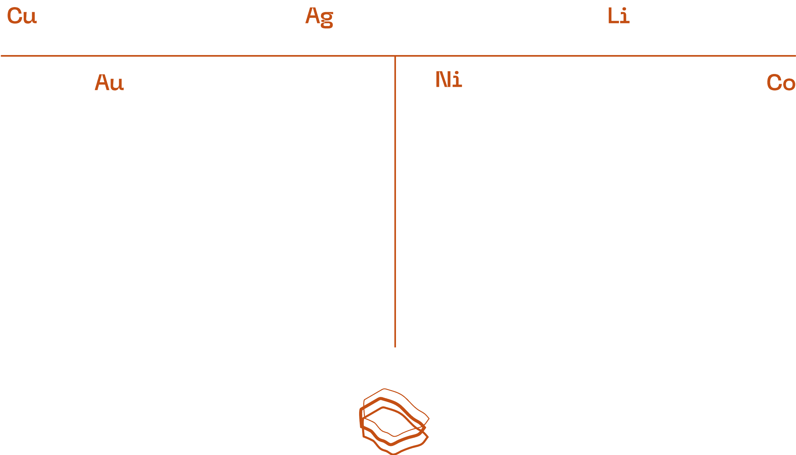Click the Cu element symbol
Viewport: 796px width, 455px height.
(22, 16)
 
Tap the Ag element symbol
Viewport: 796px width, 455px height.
(319, 17)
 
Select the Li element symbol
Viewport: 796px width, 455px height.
(618, 16)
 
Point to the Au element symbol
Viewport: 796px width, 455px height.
(109, 83)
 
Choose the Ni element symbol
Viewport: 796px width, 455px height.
(448, 80)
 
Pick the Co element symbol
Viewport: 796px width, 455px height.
(781, 83)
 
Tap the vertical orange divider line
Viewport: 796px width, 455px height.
(395, 203)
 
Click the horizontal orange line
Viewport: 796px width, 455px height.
(203, 56)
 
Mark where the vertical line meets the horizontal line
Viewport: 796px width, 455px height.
(395, 56)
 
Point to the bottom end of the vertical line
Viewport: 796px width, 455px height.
(395, 347)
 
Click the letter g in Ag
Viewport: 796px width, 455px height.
(327, 20)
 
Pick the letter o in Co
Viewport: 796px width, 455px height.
(789, 84)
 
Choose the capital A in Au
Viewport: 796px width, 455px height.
(102, 82)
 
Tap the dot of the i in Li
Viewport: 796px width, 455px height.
(625, 9)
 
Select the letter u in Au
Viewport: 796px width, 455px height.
(117, 84)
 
